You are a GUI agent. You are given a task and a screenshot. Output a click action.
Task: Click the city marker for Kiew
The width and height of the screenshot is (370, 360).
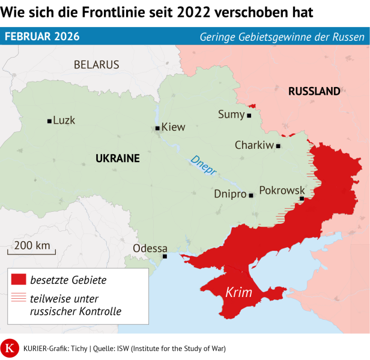click(x=157, y=128)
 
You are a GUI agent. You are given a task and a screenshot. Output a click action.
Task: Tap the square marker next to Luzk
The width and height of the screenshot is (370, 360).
click(x=49, y=121)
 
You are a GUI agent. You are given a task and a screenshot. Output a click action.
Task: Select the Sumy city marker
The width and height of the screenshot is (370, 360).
click(x=249, y=115)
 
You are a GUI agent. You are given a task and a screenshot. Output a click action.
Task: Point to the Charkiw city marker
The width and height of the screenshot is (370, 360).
click(x=278, y=146)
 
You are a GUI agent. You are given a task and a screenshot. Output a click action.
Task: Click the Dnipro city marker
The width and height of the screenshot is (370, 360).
click(x=251, y=195)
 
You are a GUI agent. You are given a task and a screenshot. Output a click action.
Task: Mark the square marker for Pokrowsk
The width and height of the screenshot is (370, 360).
click(x=302, y=199)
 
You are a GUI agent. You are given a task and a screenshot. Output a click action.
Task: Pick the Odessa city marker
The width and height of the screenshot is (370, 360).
click(x=165, y=257)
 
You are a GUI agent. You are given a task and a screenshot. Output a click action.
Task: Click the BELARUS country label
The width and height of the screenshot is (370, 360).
click(x=96, y=65)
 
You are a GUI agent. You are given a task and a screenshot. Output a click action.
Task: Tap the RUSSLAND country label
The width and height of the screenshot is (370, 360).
click(x=314, y=92)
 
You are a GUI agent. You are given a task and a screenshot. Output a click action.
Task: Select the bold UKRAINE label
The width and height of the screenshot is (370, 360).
click(x=118, y=158)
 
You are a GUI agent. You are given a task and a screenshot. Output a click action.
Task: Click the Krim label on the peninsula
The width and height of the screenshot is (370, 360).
click(x=238, y=293)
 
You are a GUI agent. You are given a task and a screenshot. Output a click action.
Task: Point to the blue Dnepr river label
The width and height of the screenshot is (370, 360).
click(x=203, y=166)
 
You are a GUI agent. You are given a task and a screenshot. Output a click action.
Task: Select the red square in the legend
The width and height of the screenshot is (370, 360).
click(x=19, y=280)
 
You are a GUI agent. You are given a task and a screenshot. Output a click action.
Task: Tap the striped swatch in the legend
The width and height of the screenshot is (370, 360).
click(x=19, y=298)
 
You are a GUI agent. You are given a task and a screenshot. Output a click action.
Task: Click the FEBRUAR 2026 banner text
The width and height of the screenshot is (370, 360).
click(x=42, y=37)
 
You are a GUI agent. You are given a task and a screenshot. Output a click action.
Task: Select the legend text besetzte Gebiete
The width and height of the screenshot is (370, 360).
click(x=68, y=280)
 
